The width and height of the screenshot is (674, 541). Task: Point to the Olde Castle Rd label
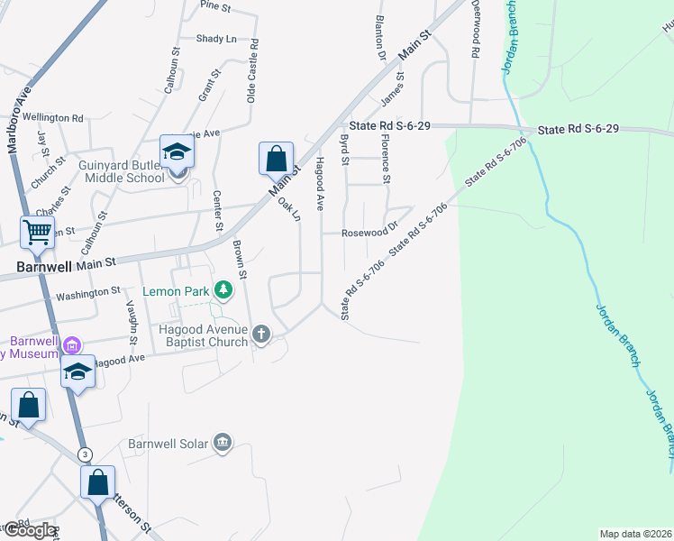coord(254,70)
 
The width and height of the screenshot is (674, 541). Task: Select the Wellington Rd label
coord(53,117)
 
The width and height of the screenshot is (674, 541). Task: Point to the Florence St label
coord(385,160)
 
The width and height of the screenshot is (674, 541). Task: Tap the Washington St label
coord(88,293)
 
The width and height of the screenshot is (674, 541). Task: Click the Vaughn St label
coord(132,323)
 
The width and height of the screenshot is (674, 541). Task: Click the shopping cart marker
coord(37,232)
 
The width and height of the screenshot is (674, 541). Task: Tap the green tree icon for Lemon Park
coord(223,290)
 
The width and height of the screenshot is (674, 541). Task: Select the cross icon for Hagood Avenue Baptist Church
coord(261,335)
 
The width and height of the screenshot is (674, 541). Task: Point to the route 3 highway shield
coord(85,454)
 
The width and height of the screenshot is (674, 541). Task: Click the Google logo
coord(29,530)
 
